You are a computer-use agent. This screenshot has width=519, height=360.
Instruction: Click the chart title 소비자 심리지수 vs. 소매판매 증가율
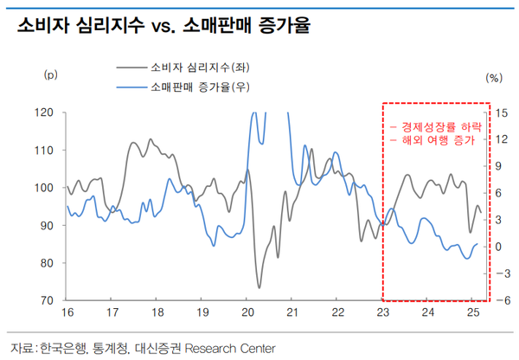click(x=164, y=26)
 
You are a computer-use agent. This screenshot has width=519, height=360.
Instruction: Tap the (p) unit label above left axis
click(x=49, y=75)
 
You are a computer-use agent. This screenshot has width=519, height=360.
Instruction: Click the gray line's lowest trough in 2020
click(x=259, y=287)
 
